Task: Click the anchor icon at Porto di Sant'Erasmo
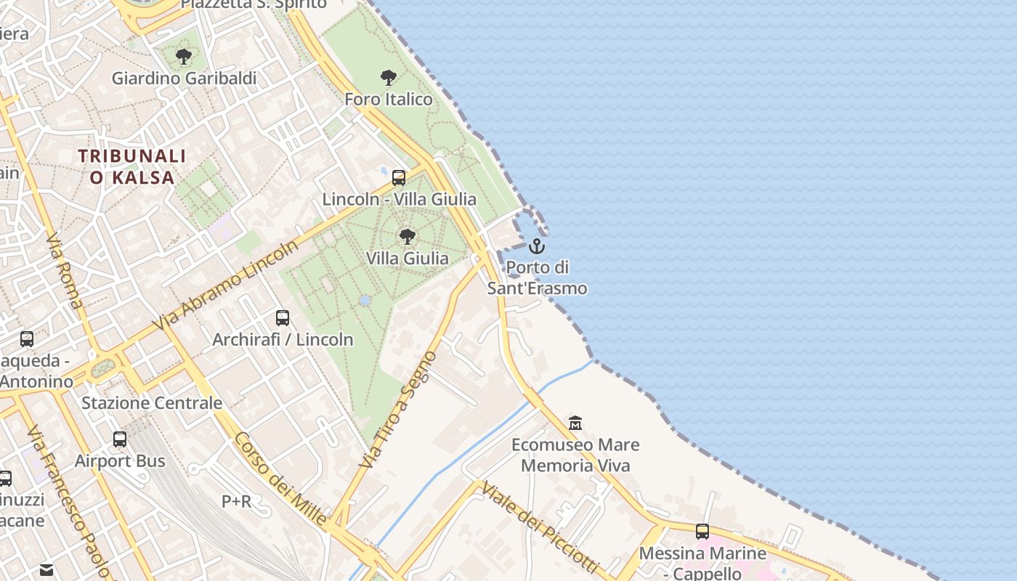pos(537,245)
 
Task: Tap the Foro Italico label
pos(388,99)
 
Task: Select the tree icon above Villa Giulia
pos(408,236)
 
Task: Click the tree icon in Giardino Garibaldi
pos(184,56)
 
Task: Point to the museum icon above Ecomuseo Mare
pos(575,423)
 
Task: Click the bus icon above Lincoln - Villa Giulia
pos(399,177)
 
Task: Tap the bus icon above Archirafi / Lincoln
pos(283,317)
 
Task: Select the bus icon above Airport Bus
pos(120,439)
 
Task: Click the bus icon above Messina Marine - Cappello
pos(702,531)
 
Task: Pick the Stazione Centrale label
pos(152,402)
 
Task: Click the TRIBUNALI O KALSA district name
pos(132,166)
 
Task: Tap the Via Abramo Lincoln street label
pos(226,288)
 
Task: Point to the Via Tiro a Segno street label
pos(399,410)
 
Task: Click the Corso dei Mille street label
pos(280,479)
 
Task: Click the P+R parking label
pos(237,501)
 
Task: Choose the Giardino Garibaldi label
pos(184,78)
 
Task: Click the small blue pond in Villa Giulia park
pos(365,300)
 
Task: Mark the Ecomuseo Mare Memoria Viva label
pos(575,455)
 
